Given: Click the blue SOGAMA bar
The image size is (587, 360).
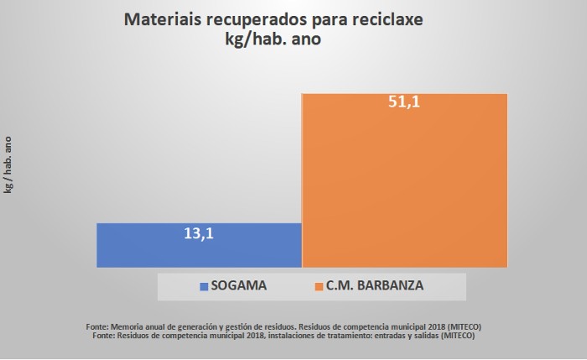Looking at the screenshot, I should click(199, 245).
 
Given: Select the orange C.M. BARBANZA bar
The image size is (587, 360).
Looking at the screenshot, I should click(404, 180).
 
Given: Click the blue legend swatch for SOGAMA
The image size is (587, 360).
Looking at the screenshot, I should click(204, 286).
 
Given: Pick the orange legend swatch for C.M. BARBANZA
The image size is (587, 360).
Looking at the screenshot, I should click(319, 286).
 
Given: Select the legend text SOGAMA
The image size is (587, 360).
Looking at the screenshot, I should click(238, 285).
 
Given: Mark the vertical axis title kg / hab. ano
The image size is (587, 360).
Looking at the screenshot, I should click(8, 164).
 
